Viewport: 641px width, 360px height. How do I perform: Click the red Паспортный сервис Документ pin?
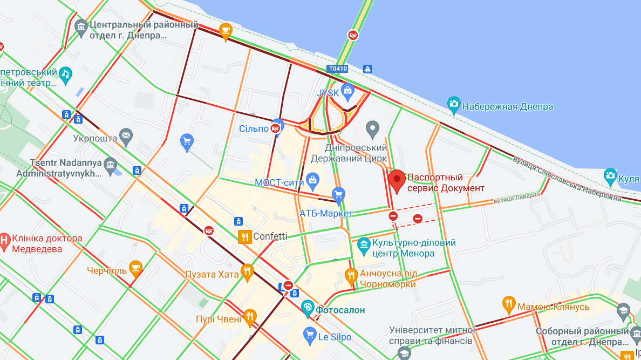(x=397, y=180)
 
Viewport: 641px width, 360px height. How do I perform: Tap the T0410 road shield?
(x=338, y=69)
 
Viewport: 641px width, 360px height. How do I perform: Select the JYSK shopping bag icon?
(x=347, y=91)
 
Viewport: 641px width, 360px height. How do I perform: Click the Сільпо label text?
(x=254, y=128)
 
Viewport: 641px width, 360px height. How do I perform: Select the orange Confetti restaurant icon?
(x=245, y=236)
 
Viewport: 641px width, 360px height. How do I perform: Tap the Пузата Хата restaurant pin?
(x=248, y=272)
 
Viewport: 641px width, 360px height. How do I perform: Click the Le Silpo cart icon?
(x=309, y=335)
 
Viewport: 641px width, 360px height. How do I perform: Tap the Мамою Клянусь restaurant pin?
(x=508, y=304)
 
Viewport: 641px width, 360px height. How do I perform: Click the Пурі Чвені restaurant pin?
(x=249, y=316)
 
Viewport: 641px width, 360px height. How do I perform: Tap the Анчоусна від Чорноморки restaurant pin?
(x=351, y=276)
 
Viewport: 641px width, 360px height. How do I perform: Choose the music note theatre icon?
(x=65, y=73)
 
